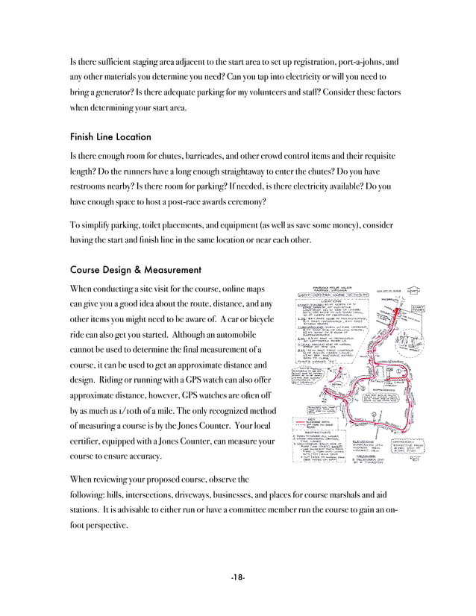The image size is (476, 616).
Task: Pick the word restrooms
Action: tap(93, 186)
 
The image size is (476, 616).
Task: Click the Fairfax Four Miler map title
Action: tap(345, 287)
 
